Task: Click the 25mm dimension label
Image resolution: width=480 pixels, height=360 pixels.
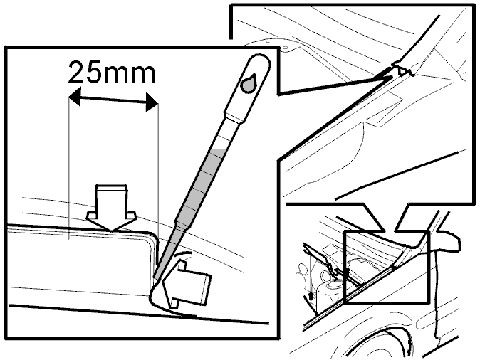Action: click(x=112, y=72)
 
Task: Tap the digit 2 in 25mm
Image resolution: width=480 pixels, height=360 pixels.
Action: click(x=76, y=72)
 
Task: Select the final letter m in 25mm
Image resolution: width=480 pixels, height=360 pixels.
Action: click(x=142, y=75)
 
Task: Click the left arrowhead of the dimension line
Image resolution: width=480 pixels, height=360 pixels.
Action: click(x=74, y=96)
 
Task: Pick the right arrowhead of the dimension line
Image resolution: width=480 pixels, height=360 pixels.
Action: click(x=152, y=102)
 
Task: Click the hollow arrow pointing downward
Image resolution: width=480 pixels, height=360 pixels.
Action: click(x=111, y=207)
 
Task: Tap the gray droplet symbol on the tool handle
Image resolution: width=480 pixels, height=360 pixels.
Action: click(x=249, y=83)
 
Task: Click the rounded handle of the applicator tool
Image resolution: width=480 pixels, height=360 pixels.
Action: click(x=249, y=85)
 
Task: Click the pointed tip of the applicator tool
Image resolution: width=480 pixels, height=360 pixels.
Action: click(x=155, y=277)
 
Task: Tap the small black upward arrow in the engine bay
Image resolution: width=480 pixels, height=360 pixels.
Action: click(x=311, y=296)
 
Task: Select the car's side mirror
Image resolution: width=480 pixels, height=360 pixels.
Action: click(x=445, y=241)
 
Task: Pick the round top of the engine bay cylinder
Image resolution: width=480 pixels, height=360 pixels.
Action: click(x=332, y=284)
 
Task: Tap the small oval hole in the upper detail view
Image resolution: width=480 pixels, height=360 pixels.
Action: click(x=286, y=47)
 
